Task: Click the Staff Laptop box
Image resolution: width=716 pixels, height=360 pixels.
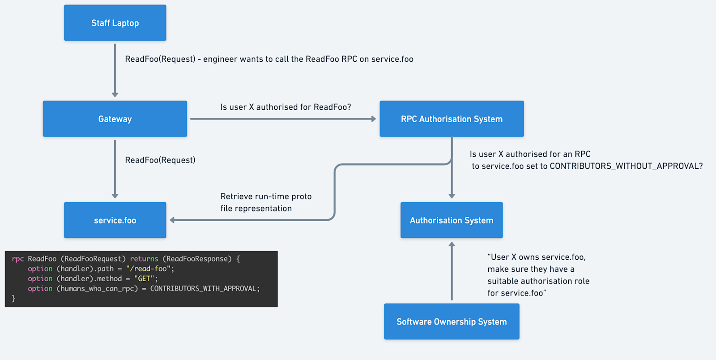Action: pyautogui.click(x=115, y=23)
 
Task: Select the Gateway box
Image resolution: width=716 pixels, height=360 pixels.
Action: pyautogui.click(x=115, y=119)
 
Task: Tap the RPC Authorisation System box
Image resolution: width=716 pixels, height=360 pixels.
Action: pyautogui.click(x=452, y=119)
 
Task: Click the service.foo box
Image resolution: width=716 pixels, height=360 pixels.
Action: pyautogui.click(x=115, y=220)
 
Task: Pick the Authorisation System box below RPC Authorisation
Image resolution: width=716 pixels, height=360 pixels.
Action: pyautogui.click(x=452, y=220)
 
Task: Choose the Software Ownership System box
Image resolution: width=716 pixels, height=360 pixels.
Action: pyautogui.click(x=452, y=321)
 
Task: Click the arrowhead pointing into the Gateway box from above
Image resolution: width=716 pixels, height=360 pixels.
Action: pyautogui.click(x=115, y=94)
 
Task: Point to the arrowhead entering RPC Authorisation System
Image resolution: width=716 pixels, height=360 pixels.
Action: pyautogui.click(x=373, y=119)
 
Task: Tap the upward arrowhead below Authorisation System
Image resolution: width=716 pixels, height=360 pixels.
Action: pyautogui.click(x=452, y=244)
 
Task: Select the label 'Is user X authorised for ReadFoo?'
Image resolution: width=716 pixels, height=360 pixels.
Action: pyautogui.click(x=286, y=107)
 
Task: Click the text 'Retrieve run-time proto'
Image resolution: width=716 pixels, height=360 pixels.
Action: pyautogui.click(x=266, y=196)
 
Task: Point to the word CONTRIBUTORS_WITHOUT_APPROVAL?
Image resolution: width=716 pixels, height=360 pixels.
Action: pyautogui.click(x=626, y=166)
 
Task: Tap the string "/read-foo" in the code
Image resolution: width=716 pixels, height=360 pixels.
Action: pyautogui.click(x=148, y=269)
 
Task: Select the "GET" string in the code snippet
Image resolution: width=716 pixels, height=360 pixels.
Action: pyautogui.click(x=144, y=279)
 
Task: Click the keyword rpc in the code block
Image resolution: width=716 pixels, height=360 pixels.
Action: pyautogui.click(x=18, y=259)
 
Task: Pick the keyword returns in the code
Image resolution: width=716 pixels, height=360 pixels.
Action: pyautogui.click(x=144, y=259)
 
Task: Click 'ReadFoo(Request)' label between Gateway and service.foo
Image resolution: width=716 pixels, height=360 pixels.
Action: pyautogui.click(x=160, y=160)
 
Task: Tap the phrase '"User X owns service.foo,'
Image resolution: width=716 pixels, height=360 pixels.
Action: pyautogui.click(x=537, y=257)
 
